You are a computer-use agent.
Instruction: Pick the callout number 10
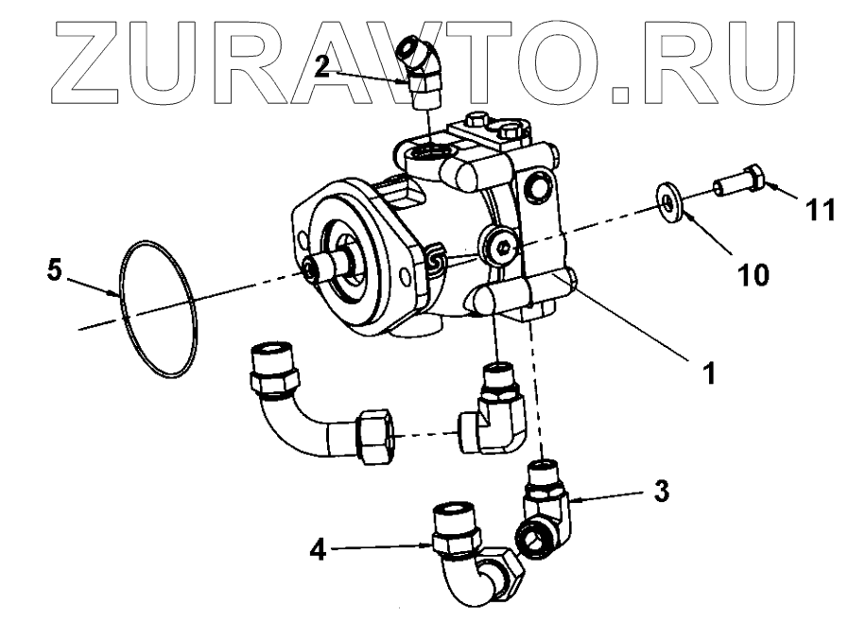[753, 275]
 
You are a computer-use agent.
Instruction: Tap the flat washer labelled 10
[669, 203]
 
